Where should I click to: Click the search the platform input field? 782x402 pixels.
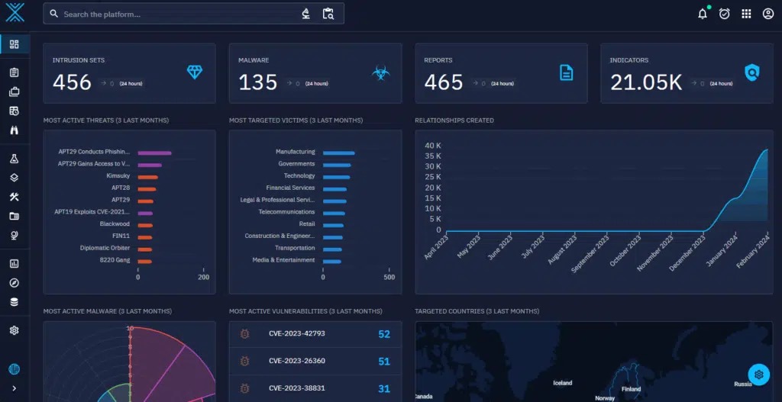[x=176, y=14]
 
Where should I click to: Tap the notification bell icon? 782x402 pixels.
[x=703, y=14]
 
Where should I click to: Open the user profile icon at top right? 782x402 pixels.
[x=768, y=14]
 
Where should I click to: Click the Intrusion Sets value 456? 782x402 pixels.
[x=72, y=82]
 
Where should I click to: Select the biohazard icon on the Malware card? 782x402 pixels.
[x=380, y=73]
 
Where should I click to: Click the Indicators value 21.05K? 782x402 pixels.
[x=646, y=82]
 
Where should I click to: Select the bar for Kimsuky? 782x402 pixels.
[x=147, y=176]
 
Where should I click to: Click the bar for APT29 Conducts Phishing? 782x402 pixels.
[x=154, y=153]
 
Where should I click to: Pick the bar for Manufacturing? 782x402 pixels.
[x=338, y=153]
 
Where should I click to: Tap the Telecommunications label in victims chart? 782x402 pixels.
[x=286, y=212]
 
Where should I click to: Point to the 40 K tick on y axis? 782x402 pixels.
[x=433, y=146]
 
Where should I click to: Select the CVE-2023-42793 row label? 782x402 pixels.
[x=297, y=334]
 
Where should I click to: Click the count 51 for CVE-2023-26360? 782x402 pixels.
[x=383, y=362]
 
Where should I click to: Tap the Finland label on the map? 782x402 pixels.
[x=631, y=389]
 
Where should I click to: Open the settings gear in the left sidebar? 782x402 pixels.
[x=14, y=330]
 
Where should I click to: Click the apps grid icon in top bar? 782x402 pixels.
[x=746, y=14]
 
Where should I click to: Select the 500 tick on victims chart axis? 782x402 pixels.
[x=389, y=277]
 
